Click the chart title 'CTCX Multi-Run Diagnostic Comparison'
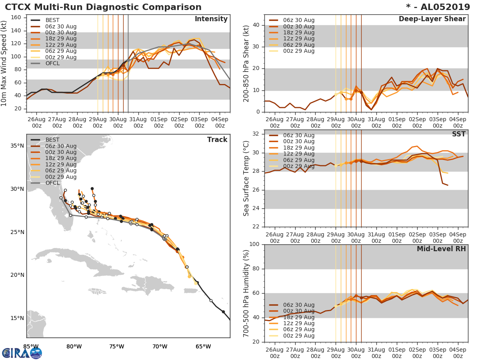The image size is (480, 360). [x=103, y=7]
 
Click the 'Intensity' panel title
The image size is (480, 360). [x=211, y=19]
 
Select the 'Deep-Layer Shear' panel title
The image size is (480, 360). [x=432, y=19]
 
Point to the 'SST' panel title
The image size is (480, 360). [x=459, y=134]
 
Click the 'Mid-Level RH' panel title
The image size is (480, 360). [x=441, y=249]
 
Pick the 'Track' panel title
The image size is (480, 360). [x=217, y=140]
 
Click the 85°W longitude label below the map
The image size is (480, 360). [x=30, y=346]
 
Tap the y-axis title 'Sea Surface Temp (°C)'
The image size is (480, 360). [x=246, y=178]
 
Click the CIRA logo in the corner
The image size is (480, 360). [x=22, y=353]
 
